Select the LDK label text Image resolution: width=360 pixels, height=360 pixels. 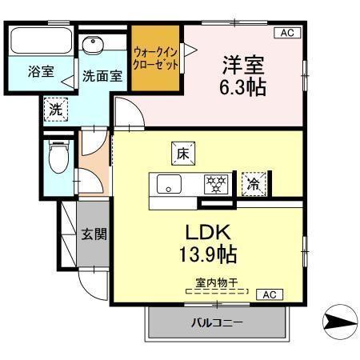pyautogui.click(x=209, y=234)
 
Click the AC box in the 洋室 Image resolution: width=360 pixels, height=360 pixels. pyautogui.click(x=285, y=33)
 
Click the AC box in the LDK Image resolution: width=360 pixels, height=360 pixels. pyautogui.click(x=268, y=294)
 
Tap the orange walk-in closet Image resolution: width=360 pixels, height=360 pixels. pyautogui.click(x=156, y=58)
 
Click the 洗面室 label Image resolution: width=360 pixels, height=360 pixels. pyautogui.click(x=102, y=77)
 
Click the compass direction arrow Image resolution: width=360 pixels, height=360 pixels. pyautogui.click(x=336, y=322)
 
